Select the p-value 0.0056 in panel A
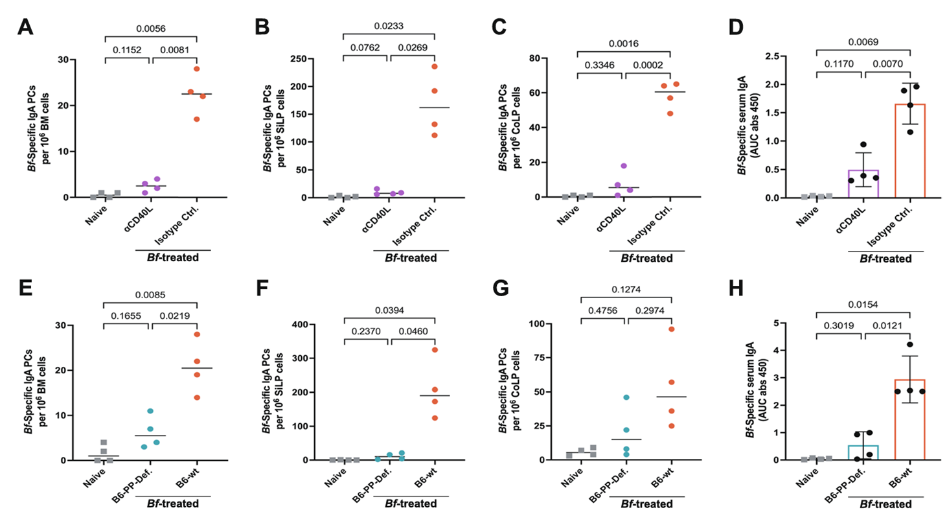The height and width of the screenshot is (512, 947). point(151,29)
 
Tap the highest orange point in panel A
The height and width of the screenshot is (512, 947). point(196,69)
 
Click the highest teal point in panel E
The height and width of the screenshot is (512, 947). point(150,411)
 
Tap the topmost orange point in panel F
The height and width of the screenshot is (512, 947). point(435,350)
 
